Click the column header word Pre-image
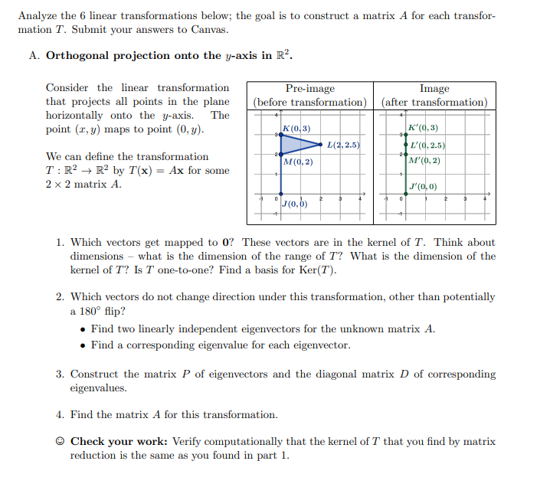(309, 89)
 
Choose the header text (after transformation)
(434, 102)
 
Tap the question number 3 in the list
(59, 374)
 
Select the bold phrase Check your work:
(120, 442)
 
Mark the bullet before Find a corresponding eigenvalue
(83, 345)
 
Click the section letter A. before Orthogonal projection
(34, 55)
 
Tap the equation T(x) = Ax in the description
(164, 171)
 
